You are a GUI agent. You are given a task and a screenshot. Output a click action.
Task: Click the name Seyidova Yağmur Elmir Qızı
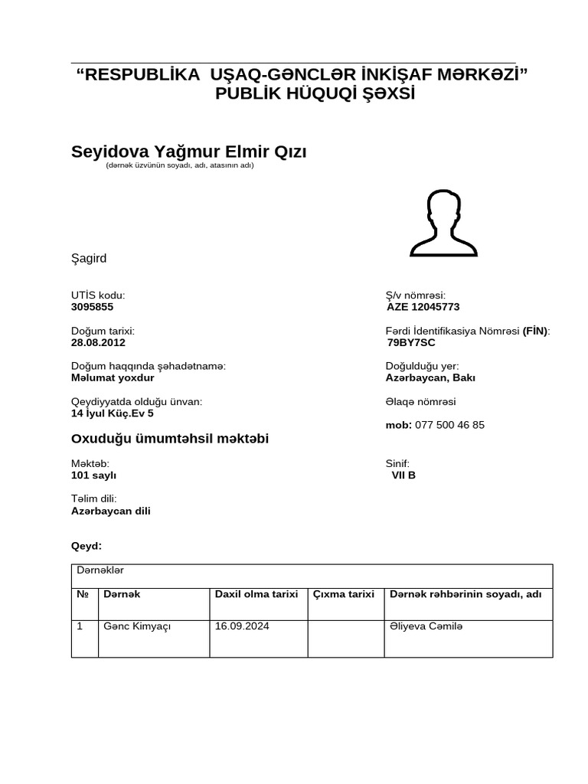(x=188, y=152)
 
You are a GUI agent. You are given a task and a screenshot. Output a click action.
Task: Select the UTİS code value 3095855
(x=92, y=307)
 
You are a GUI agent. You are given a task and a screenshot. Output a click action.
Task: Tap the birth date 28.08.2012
(x=98, y=342)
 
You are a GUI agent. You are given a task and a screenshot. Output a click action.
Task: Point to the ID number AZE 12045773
(x=423, y=307)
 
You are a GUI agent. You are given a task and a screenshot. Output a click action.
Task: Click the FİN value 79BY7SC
(x=411, y=342)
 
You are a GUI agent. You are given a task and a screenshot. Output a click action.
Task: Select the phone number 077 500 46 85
(x=449, y=425)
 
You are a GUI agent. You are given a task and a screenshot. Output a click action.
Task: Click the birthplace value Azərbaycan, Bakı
(x=426, y=377)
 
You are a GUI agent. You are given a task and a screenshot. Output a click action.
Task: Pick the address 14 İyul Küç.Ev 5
(x=112, y=413)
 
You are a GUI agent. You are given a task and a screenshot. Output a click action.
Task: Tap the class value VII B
(x=403, y=475)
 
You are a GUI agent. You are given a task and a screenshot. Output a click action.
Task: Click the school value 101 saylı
(x=93, y=475)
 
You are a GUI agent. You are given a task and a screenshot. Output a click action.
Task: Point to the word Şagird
(x=89, y=259)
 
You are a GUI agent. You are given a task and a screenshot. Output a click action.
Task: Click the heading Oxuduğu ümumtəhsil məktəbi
(x=170, y=439)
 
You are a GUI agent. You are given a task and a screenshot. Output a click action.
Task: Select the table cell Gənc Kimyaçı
(x=137, y=627)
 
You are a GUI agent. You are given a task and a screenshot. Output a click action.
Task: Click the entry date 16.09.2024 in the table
(x=242, y=627)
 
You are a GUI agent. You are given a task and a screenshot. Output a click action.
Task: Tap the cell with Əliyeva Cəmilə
(x=426, y=627)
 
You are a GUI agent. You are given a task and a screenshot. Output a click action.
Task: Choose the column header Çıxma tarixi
(x=344, y=594)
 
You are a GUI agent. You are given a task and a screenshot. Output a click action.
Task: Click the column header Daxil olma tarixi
(x=256, y=594)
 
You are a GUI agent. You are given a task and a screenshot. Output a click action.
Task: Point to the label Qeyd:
(x=86, y=547)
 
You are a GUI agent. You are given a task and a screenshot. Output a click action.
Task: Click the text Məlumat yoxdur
(x=113, y=377)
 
